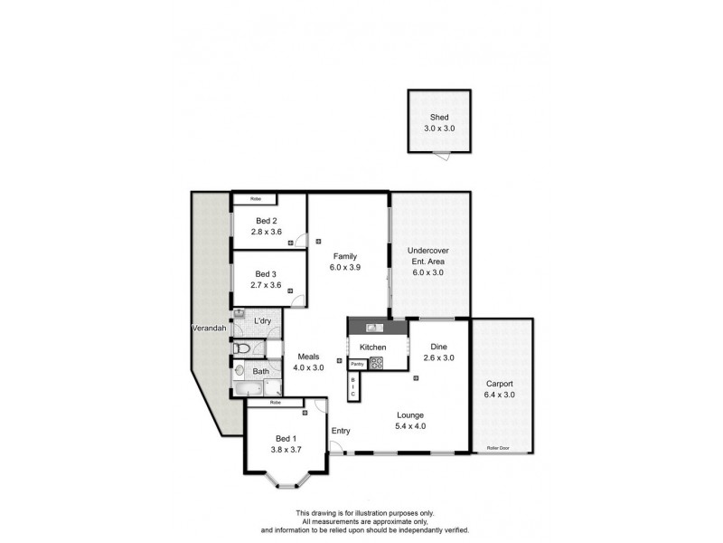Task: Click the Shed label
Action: tap(438, 118)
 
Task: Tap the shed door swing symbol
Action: tap(440, 157)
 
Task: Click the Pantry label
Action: tap(357, 364)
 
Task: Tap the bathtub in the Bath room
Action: tap(247, 390)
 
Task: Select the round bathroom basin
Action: tap(239, 369)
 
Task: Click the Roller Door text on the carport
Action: tap(498, 446)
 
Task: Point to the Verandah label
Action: tap(208, 328)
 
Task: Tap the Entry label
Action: tap(341, 431)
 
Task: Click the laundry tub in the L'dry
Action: tap(239, 315)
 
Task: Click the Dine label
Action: tap(438, 347)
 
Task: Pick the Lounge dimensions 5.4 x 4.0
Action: tap(409, 426)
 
